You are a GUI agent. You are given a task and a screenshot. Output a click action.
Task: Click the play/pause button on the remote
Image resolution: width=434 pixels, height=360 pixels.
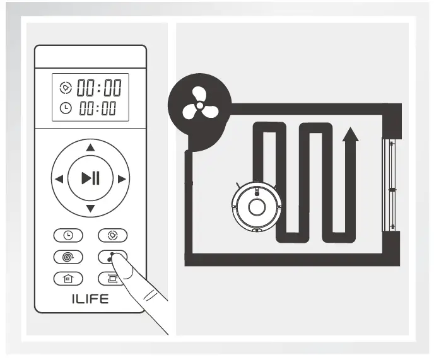pos(91,178)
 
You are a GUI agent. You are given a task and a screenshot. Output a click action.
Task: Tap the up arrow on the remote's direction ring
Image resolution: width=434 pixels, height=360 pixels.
pos(91,148)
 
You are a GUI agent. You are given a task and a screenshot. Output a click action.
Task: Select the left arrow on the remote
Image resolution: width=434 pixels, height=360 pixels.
pos(59,179)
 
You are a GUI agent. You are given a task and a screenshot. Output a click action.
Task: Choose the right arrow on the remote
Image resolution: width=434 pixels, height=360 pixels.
pos(122,179)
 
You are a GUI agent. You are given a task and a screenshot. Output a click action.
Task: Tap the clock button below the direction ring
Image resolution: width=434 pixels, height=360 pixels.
pos(68,235)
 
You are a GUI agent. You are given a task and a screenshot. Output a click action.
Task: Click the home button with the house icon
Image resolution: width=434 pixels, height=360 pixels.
pos(68,278)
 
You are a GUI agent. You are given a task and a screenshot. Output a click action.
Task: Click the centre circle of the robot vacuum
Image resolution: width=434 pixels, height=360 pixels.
pos(256,207)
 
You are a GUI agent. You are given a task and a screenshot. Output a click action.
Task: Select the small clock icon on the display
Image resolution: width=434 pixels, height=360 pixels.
pos(65,108)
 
